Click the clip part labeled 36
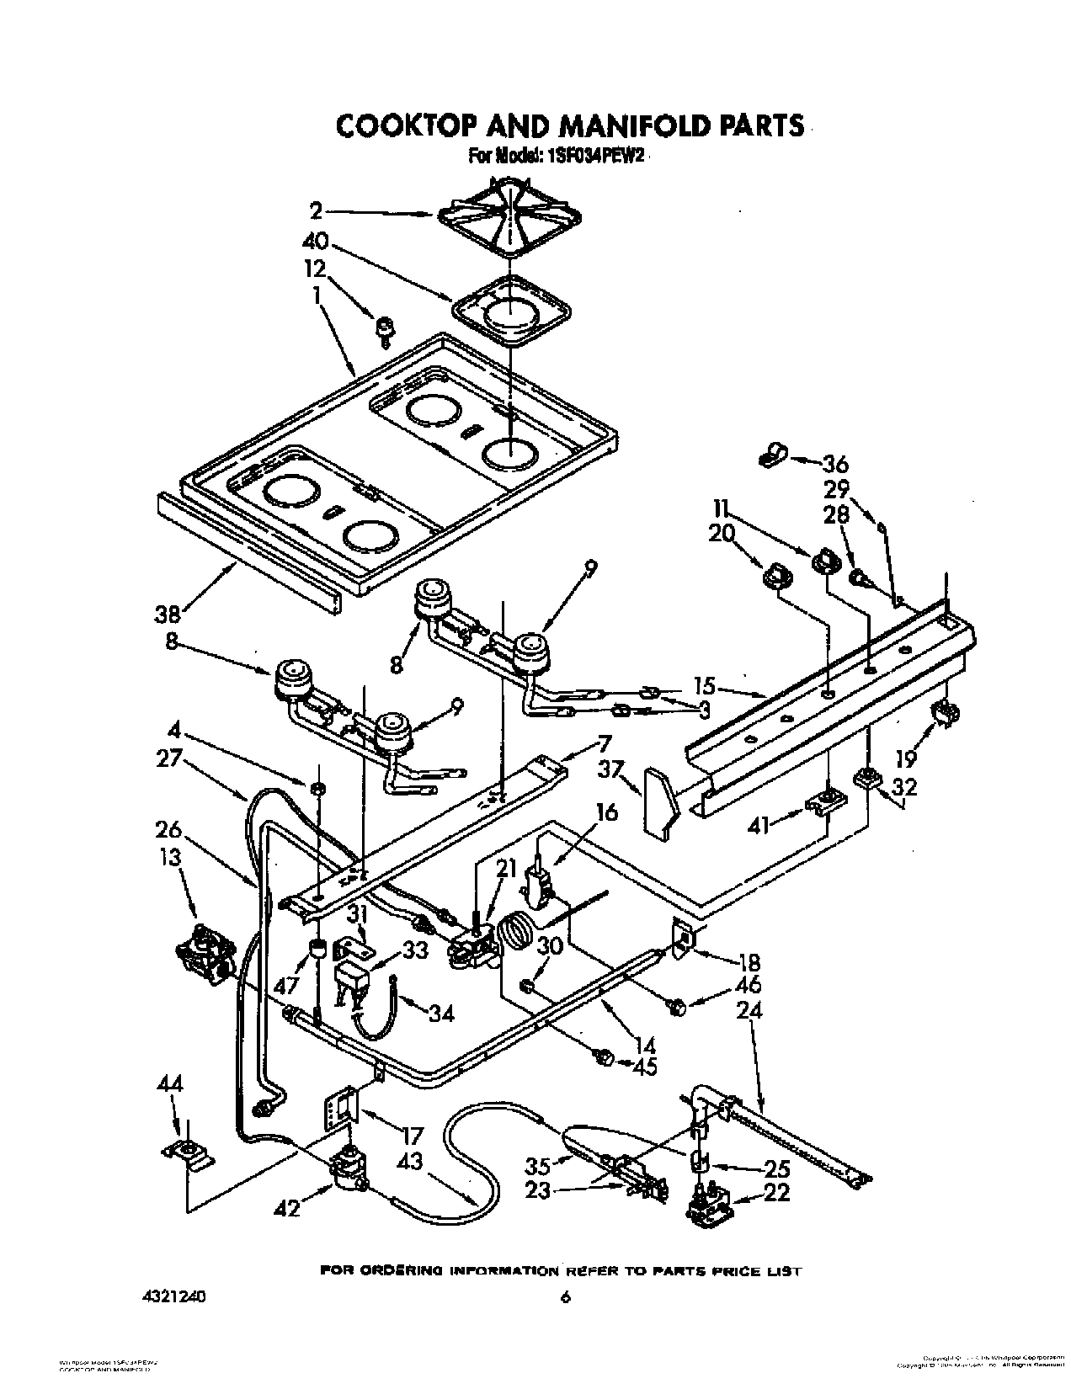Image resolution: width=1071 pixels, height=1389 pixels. click(769, 455)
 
